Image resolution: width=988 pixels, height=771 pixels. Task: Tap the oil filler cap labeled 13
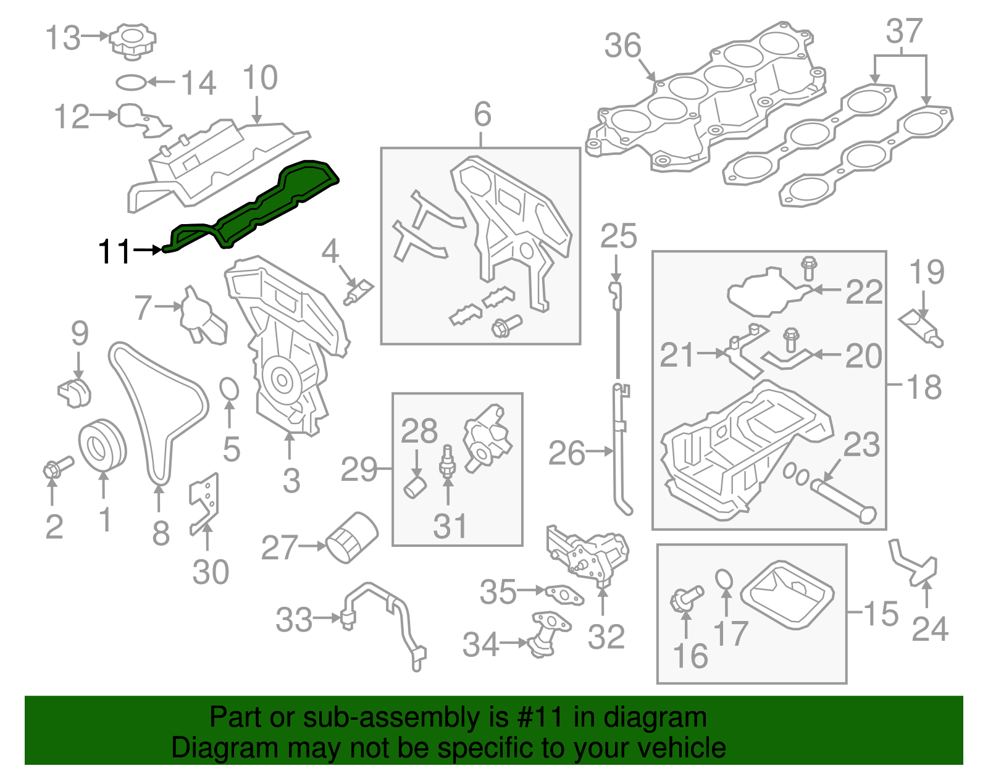click(132, 40)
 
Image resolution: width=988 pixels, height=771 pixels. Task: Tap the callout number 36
click(622, 46)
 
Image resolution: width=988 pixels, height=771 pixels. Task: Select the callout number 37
click(904, 31)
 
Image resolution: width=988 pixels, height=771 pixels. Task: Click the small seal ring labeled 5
click(229, 390)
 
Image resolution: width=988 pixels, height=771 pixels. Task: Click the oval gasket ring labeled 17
click(725, 580)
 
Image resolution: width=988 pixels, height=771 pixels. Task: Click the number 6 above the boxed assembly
click(482, 114)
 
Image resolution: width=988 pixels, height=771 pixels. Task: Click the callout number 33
click(294, 620)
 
